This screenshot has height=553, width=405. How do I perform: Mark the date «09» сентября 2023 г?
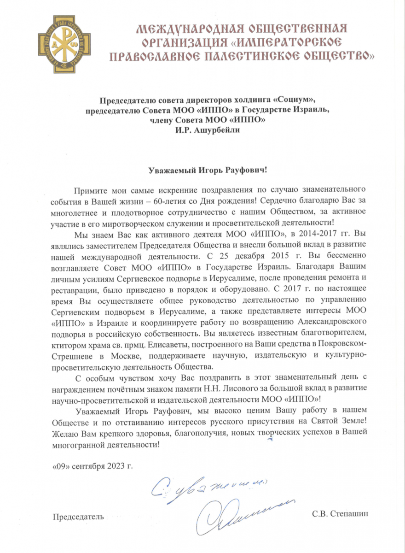pos(93,466)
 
